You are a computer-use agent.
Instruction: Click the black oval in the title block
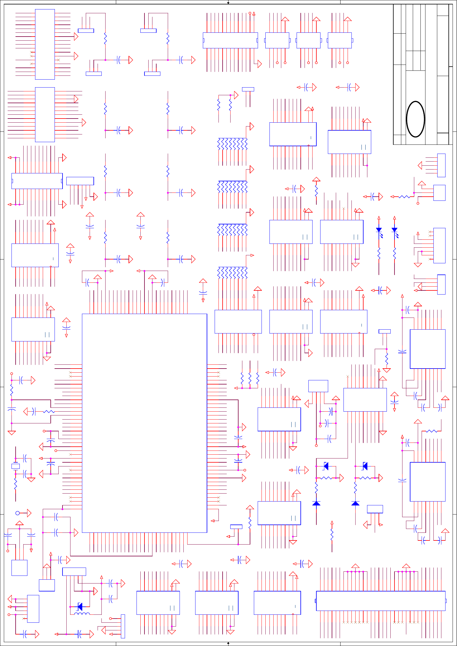415,119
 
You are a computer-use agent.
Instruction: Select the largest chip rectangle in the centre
144,423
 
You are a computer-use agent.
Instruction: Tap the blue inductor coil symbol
82,614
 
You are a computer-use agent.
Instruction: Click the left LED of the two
379,230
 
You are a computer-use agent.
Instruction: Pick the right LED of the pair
394,230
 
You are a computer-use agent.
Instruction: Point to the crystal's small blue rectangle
15,466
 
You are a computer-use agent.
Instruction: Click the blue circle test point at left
17,513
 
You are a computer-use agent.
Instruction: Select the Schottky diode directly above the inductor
80,606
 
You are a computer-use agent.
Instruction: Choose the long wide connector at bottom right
380,601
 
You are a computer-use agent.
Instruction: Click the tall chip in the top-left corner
45,44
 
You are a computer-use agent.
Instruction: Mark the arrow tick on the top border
228,3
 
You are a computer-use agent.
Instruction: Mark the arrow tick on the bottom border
228,643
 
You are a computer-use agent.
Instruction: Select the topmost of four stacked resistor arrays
232,144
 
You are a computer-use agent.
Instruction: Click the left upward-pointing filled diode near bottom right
316,503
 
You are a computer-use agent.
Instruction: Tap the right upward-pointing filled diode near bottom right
355,503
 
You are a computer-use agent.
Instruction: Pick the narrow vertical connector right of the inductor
123,626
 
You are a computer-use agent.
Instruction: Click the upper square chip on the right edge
428,349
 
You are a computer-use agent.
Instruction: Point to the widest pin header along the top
230,40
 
